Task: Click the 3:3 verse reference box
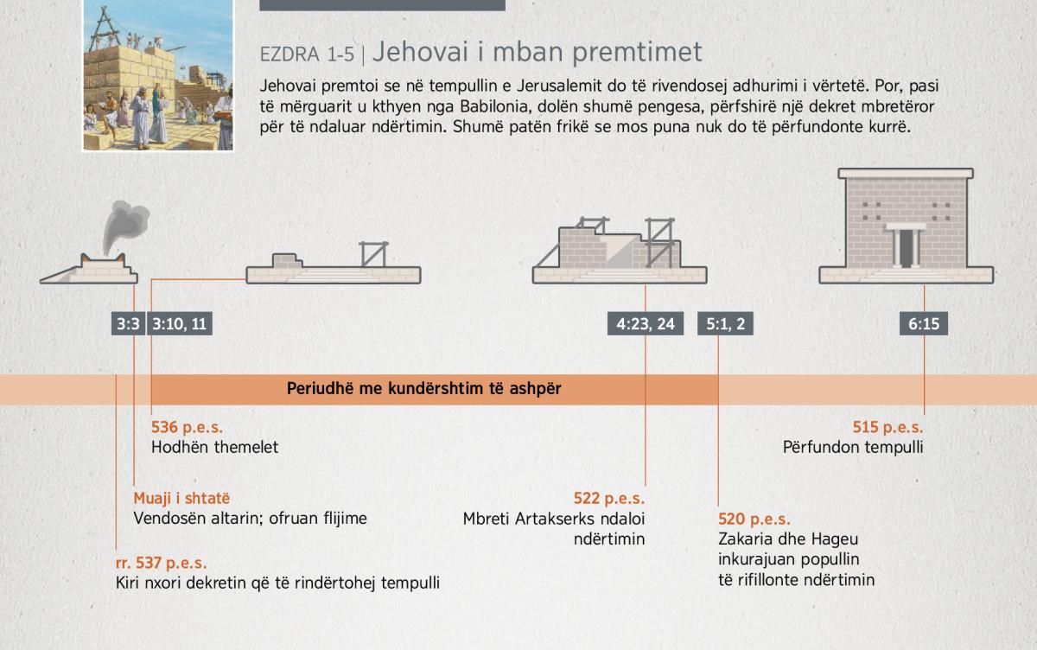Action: (x=128, y=323)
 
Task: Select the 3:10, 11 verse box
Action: (x=180, y=323)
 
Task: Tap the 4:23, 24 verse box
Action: (x=646, y=323)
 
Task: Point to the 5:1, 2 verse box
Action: (x=725, y=323)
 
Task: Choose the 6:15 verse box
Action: (x=924, y=323)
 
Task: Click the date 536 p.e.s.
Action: (x=187, y=427)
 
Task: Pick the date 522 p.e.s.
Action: (x=609, y=499)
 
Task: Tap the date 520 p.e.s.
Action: (x=754, y=519)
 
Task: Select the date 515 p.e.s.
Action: (x=888, y=427)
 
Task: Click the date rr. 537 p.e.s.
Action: (x=161, y=563)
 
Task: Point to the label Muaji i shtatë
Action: (x=181, y=498)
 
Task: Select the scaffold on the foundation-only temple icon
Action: (x=374, y=254)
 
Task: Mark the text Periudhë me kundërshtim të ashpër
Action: (x=424, y=388)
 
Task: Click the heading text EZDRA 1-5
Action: (x=307, y=54)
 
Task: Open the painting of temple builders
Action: (x=158, y=75)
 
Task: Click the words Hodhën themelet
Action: (x=215, y=447)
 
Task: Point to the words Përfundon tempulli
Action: (x=853, y=447)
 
